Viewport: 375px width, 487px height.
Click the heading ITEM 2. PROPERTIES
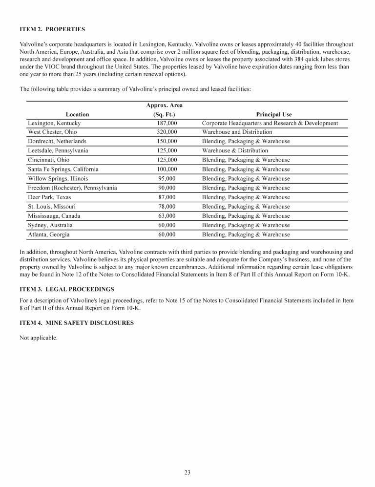52,29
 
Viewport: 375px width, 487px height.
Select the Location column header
78,115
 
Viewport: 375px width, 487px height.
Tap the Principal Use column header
274,115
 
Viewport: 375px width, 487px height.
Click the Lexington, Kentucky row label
54,123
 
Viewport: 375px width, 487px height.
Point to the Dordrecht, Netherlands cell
57,141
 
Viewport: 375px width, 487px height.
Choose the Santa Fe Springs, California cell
63,169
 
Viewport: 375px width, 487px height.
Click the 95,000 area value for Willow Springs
167,179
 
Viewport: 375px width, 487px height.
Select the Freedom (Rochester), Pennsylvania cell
72,188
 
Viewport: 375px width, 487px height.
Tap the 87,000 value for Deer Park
167,197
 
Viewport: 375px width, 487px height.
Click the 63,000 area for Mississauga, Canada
167,216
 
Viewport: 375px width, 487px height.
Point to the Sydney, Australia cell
50,225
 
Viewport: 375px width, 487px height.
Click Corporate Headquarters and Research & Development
270,123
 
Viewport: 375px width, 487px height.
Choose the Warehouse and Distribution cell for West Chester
237,132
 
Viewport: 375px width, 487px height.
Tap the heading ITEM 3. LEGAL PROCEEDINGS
68,289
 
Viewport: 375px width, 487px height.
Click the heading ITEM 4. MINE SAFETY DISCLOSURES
76,323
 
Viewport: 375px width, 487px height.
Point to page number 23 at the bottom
187,472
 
